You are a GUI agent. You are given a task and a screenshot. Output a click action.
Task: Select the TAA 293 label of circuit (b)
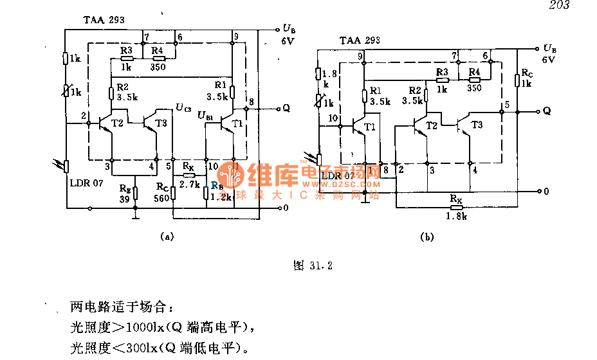point(360,40)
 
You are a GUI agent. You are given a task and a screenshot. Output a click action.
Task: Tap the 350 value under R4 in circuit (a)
point(158,66)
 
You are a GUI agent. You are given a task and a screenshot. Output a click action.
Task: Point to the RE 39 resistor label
point(125,193)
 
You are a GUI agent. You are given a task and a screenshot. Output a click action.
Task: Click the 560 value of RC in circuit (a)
point(162,198)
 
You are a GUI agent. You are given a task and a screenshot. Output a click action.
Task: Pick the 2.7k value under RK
point(188,184)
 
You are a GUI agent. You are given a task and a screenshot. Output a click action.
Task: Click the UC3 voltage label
point(183,107)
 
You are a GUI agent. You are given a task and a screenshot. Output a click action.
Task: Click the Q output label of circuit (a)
point(286,108)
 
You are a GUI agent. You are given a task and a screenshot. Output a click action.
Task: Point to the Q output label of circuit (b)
point(547,111)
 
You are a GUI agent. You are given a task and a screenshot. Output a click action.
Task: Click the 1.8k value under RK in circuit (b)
point(455,216)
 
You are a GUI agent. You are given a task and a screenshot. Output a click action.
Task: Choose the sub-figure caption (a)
point(167,237)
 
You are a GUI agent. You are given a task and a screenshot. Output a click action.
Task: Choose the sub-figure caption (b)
point(427,237)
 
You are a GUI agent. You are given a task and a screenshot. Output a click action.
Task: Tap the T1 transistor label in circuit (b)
point(369,128)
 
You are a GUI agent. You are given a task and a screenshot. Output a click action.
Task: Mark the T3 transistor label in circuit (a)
point(160,123)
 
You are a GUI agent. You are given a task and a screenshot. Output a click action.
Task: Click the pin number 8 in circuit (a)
point(251,102)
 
